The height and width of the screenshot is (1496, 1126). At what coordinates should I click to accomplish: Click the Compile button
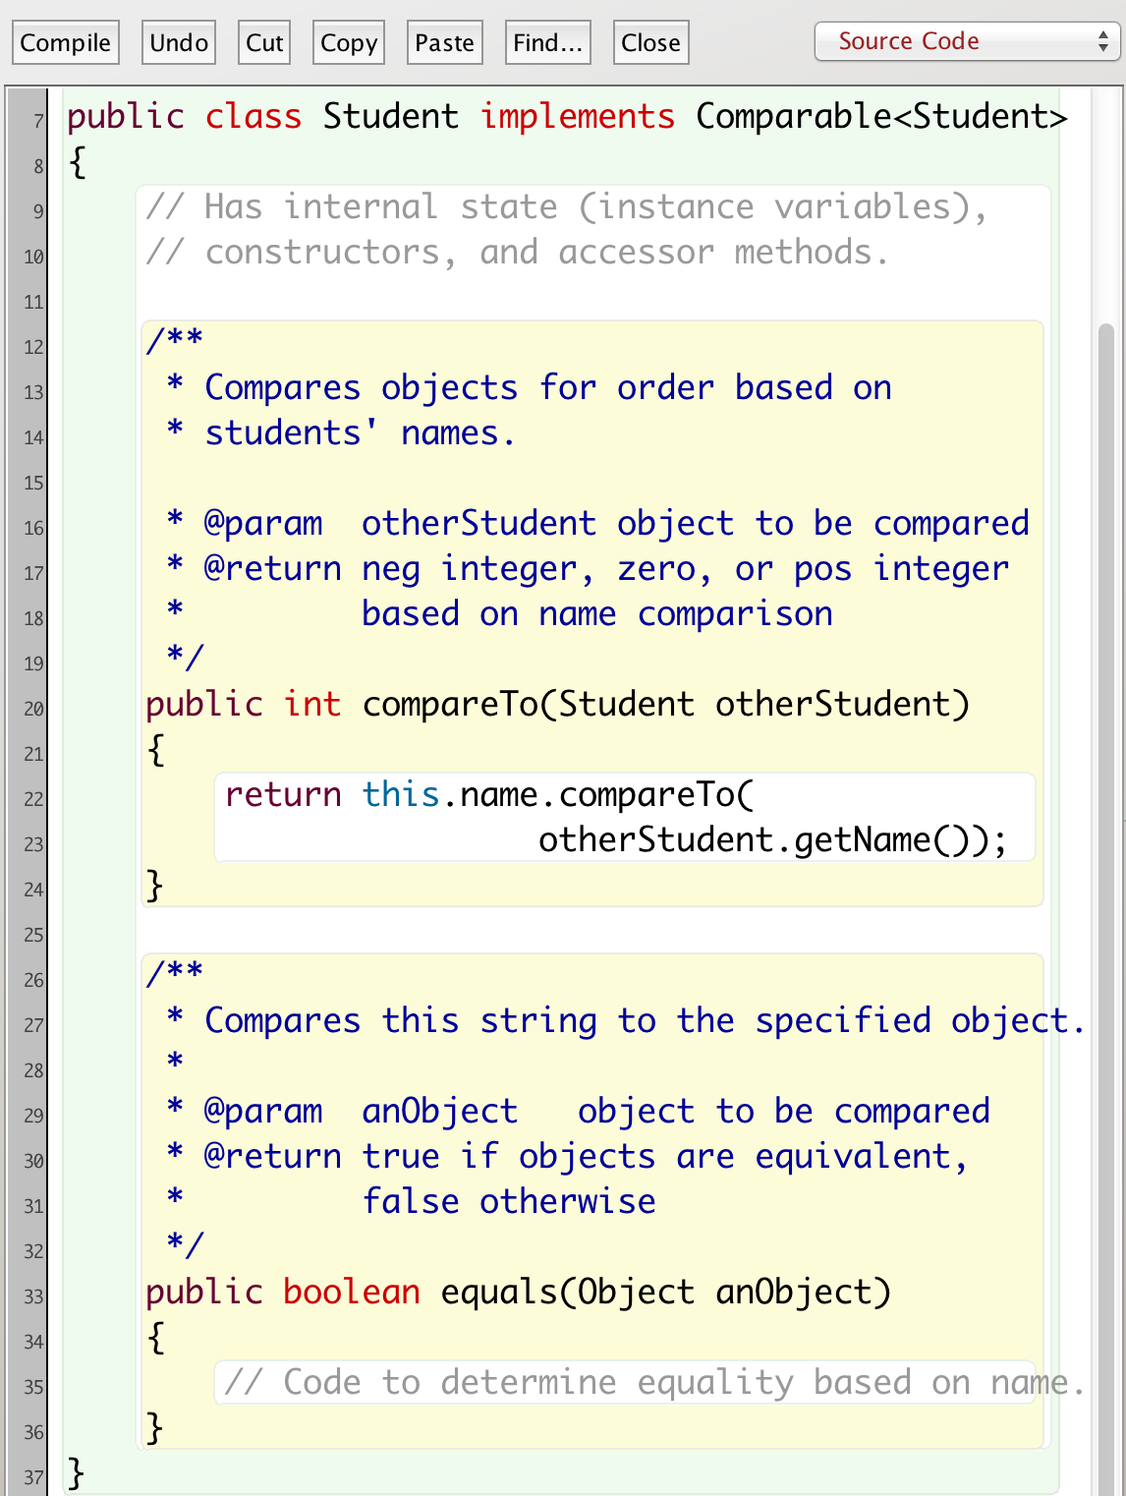pyautogui.click(x=66, y=43)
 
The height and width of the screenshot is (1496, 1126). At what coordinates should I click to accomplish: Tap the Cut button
pyautogui.click(x=264, y=43)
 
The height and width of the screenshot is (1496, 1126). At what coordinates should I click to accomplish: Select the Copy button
pyautogui.click(x=349, y=43)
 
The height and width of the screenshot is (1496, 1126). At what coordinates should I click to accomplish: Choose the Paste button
pyautogui.click(x=444, y=43)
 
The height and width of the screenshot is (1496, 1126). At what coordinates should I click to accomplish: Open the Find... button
pyautogui.click(x=547, y=43)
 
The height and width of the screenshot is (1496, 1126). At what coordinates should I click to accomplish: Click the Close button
pyautogui.click(x=650, y=43)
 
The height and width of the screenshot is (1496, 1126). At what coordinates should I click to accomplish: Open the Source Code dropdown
pyautogui.click(x=967, y=41)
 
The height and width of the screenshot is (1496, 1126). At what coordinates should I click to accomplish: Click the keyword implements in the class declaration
pyautogui.click(x=577, y=117)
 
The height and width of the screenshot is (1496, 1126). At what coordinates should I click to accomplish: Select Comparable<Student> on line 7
pyautogui.click(x=881, y=117)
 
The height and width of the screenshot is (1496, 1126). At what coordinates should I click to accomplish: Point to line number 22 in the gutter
pyautogui.click(x=33, y=799)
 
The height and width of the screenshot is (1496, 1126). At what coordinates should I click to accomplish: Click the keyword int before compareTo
pyautogui.click(x=312, y=705)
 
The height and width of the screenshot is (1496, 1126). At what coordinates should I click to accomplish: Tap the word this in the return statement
pyautogui.click(x=400, y=795)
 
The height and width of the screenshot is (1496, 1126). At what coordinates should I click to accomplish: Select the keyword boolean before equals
pyautogui.click(x=351, y=1293)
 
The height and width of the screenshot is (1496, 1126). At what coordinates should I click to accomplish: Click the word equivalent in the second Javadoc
pyautogui.click(x=852, y=1157)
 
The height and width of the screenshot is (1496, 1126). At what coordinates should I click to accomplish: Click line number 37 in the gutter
pyautogui.click(x=33, y=1477)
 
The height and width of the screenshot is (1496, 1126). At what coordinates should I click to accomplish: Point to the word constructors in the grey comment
pyautogui.click(x=322, y=253)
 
